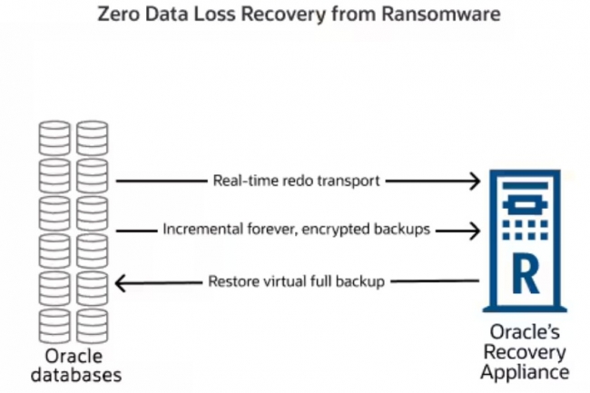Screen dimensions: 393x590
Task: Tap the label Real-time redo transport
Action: [x=297, y=181]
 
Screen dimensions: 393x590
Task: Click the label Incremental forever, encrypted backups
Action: [x=296, y=230]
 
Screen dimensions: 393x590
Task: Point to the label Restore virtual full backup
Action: [x=297, y=280]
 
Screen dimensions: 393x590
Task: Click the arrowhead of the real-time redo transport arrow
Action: [x=473, y=182]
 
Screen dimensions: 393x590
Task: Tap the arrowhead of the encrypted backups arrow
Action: [x=473, y=231]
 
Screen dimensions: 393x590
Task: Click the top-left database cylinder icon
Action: [x=54, y=137]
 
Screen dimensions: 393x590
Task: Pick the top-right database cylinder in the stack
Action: [x=93, y=137]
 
